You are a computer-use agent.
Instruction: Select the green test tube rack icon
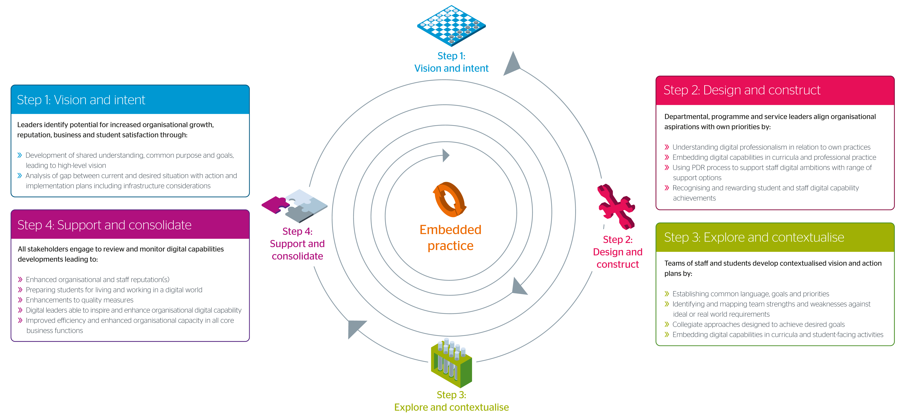pyautogui.click(x=451, y=363)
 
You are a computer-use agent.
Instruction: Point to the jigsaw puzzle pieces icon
pyautogui.click(x=295, y=206)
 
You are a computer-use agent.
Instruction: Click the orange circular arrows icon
pyautogui.click(x=450, y=200)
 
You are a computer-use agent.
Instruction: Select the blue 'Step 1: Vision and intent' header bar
pyautogui.click(x=130, y=100)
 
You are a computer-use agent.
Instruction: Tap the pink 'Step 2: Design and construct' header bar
pyautogui.click(x=775, y=90)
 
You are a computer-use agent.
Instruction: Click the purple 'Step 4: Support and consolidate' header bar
pyautogui.click(x=130, y=225)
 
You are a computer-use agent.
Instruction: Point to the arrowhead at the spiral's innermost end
pyautogui.click(x=446, y=155)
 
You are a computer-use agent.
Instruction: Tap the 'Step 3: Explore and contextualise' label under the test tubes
pyautogui.click(x=451, y=401)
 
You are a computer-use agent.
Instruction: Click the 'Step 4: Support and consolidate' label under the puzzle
pyautogui.click(x=297, y=244)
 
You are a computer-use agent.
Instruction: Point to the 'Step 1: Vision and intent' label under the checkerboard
pyautogui.click(x=451, y=62)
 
